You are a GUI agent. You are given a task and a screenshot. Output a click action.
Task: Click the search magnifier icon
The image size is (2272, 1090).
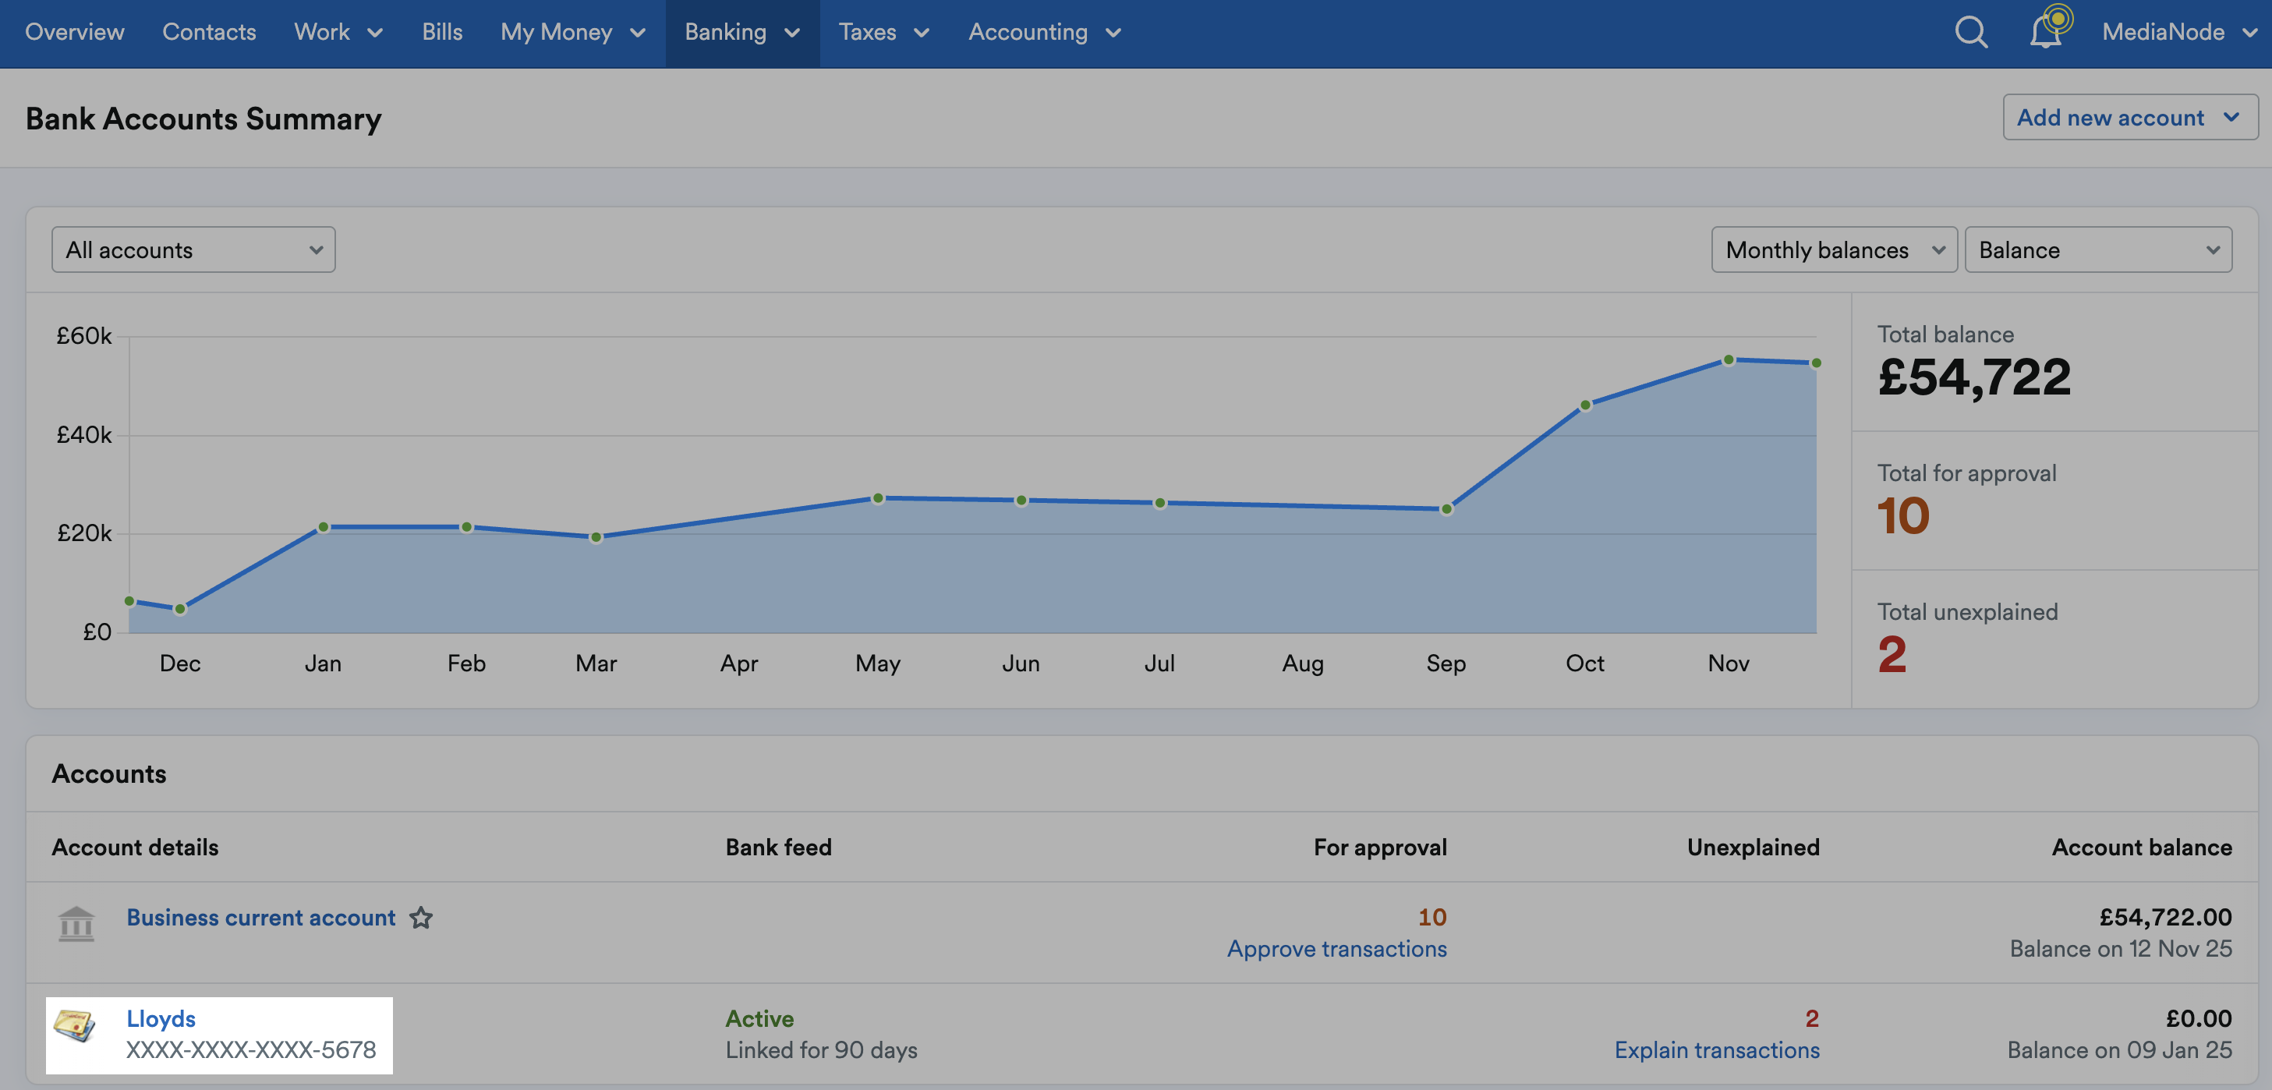pyautogui.click(x=1970, y=33)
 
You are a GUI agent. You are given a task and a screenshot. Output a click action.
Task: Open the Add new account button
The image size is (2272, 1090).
pyautogui.click(x=2129, y=117)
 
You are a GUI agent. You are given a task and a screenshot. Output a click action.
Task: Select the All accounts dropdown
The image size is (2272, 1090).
pyautogui.click(x=193, y=249)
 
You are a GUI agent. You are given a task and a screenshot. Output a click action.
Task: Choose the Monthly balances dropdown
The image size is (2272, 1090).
pyautogui.click(x=1834, y=249)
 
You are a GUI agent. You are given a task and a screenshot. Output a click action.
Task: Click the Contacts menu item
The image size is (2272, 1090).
pyautogui.click(x=209, y=32)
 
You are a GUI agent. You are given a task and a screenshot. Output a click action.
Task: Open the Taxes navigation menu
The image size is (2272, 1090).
pyautogui.click(x=883, y=32)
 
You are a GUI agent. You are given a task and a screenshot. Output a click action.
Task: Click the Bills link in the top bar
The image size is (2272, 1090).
pyautogui.click(x=442, y=32)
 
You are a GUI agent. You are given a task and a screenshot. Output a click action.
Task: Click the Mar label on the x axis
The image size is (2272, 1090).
pyautogui.click(x=596, y=664)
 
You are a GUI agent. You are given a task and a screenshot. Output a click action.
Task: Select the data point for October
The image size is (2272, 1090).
pyautogui.click(x=1585, y=405)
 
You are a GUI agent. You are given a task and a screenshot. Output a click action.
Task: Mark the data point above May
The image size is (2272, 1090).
pyautogui.click(x=878, y=498)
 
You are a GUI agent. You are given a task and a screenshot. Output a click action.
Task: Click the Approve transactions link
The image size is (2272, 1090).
pyautogui.click(x=1336, y=949)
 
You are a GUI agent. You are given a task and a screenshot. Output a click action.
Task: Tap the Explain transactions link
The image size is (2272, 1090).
pyautogui.click(x=1716, y=1050)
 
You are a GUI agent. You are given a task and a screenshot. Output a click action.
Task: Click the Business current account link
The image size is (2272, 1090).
pyautogui.click(x=261, y=917)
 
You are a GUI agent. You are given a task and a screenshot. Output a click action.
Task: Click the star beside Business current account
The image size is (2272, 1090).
pyautogui.click(x=421, y=918)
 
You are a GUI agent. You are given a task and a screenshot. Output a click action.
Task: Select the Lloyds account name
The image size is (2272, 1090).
pyautogui.click(x=161, y=1018)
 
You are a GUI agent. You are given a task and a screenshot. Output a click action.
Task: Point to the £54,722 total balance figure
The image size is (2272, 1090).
pyautogui.click(x=1974, y=377)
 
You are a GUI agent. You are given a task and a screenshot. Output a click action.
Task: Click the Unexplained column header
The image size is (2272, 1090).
pyautogui.click(x=1753, y=847)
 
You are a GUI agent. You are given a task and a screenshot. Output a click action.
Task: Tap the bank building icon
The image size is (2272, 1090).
pyautogui.click(x=76, y=924)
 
